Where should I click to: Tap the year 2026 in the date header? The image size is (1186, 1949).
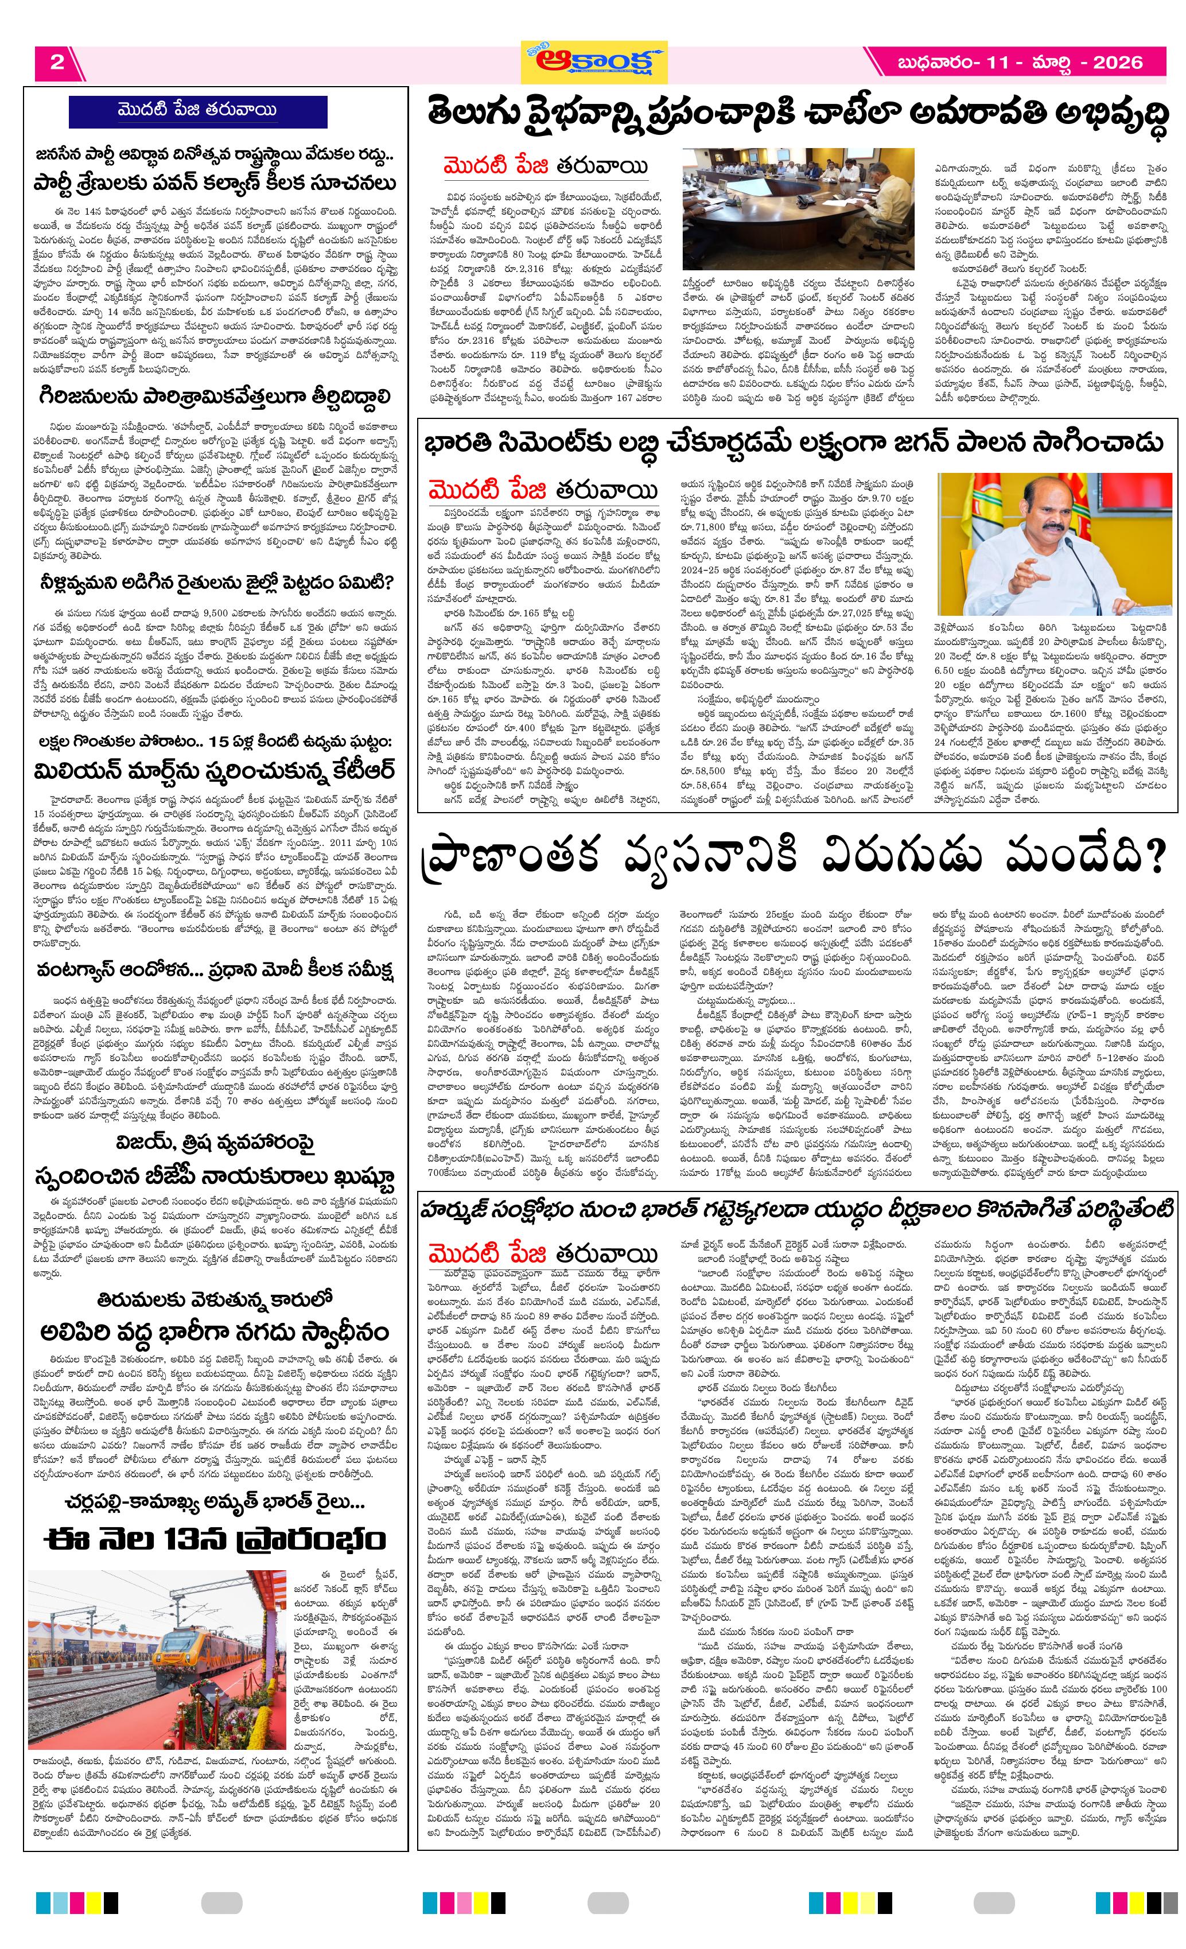coord(1117,63)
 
